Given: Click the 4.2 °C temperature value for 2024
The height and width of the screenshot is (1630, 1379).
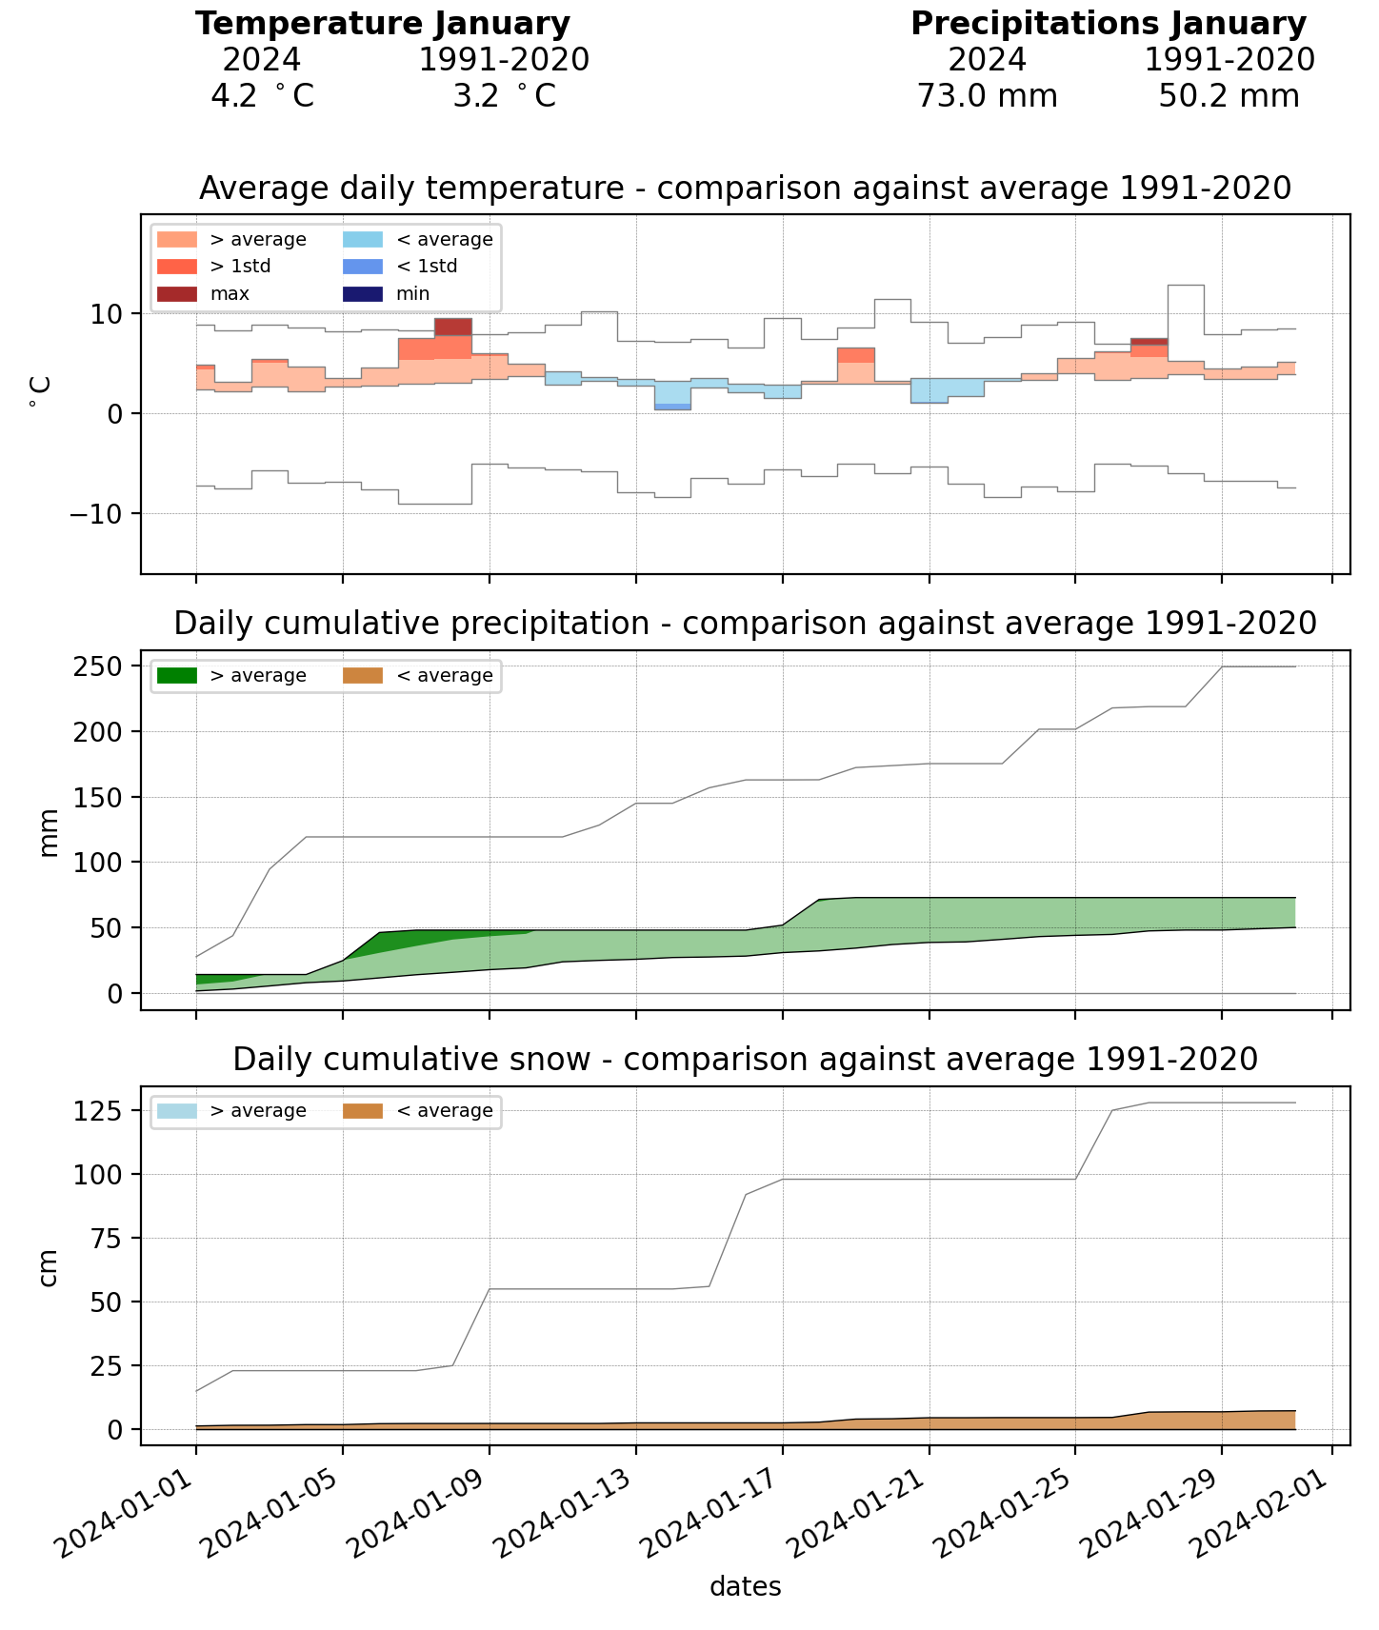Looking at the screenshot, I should click(x=262, y=96).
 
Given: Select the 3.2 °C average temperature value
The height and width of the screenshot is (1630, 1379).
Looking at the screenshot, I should click(x=504, y=96).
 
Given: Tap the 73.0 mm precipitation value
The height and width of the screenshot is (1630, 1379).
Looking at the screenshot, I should click(x=987, y=96).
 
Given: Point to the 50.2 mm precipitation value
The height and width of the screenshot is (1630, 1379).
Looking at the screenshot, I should click(x=1229, y=96).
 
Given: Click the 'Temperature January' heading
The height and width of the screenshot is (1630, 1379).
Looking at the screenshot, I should click(x=383, y=24).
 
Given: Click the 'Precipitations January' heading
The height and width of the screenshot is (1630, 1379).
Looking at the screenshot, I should click(x=1108, y=24).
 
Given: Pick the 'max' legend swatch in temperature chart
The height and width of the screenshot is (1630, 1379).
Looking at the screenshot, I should click(x=177, y=294).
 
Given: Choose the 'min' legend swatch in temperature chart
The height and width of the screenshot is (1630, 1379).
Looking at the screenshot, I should click(x=363, y=294).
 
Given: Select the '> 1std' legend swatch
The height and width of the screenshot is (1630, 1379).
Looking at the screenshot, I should click(x=177, y=267).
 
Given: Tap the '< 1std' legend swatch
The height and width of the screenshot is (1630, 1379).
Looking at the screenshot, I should click(x=363, y=267).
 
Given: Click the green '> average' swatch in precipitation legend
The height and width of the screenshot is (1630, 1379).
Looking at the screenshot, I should click(x=177, y=676).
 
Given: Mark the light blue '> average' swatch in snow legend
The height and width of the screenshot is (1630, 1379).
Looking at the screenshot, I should click(x=177, y=1111).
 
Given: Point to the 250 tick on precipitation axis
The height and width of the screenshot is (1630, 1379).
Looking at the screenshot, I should click(x=107, y=666).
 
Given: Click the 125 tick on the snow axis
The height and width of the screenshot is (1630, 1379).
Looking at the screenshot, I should click(x=107, y=1111).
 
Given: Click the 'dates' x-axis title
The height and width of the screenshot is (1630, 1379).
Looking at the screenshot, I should click(x=746, y=1587).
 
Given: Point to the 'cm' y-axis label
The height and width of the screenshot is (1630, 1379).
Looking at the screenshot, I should click(x=49, y=1266).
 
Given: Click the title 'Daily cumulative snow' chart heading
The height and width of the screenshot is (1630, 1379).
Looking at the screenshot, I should click(x=746, y=1059).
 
